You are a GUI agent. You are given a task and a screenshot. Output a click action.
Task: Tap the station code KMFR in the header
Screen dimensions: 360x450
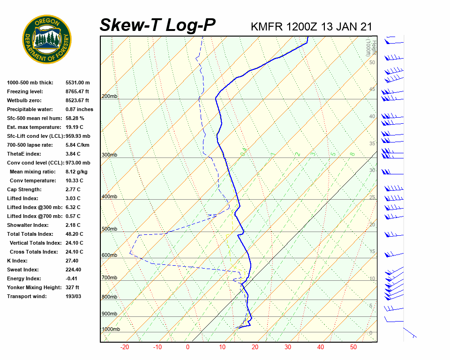tap(267, 26)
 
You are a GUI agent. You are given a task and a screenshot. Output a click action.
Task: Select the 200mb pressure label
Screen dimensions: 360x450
tap(109, 97)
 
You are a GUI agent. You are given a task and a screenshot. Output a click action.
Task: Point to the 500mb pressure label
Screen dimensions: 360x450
tap(109, 229)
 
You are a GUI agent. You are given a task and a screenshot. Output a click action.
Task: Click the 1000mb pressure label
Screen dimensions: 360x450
tap(111, 330)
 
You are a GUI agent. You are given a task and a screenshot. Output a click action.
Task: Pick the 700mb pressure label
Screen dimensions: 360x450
tap(109, 278)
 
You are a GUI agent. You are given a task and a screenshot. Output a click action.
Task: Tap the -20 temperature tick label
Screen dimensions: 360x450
tap(125, 347)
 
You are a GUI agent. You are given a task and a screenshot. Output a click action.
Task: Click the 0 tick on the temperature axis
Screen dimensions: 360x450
tap(187, 347)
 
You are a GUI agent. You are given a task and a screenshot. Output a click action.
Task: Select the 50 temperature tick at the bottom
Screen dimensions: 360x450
tap(353, 347)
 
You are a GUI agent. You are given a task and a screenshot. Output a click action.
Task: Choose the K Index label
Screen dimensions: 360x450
tap(17, 261)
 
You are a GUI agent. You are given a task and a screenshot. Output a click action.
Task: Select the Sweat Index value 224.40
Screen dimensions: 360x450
tap(75, 270)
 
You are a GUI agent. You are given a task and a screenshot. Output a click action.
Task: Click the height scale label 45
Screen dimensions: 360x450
tap(372, 90)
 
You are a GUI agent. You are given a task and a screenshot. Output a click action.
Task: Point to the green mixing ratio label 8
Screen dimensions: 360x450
tap(352, 153)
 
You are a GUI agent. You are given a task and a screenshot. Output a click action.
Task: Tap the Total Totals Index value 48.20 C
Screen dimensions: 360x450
tap(75, 234)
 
